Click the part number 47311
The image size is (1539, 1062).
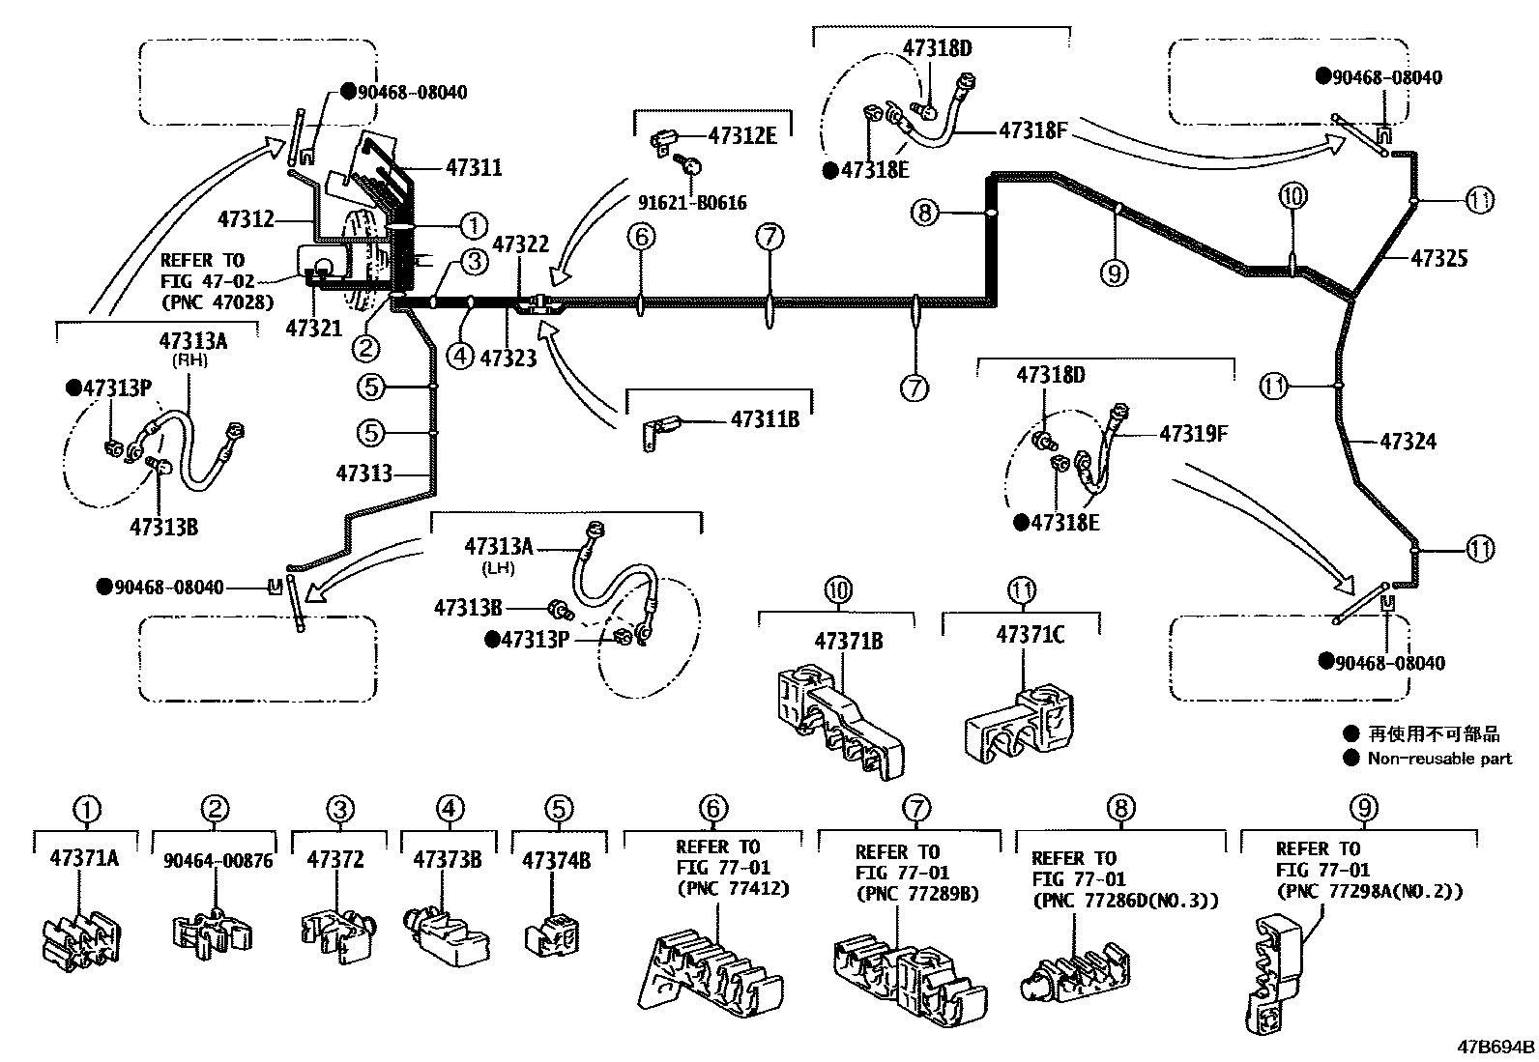474,168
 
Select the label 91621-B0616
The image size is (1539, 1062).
691,203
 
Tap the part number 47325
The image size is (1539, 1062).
1438,258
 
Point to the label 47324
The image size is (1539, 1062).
1408,443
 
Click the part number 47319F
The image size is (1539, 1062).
1193,434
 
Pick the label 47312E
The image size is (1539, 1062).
741,135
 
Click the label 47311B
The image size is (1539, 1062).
765,419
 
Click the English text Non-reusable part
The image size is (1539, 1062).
1438,759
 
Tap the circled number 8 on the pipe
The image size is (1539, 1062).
925,212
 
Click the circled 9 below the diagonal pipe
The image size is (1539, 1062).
1114,274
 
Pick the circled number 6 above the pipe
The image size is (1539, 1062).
640,237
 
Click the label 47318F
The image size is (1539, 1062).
1032,129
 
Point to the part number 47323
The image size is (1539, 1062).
508,359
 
